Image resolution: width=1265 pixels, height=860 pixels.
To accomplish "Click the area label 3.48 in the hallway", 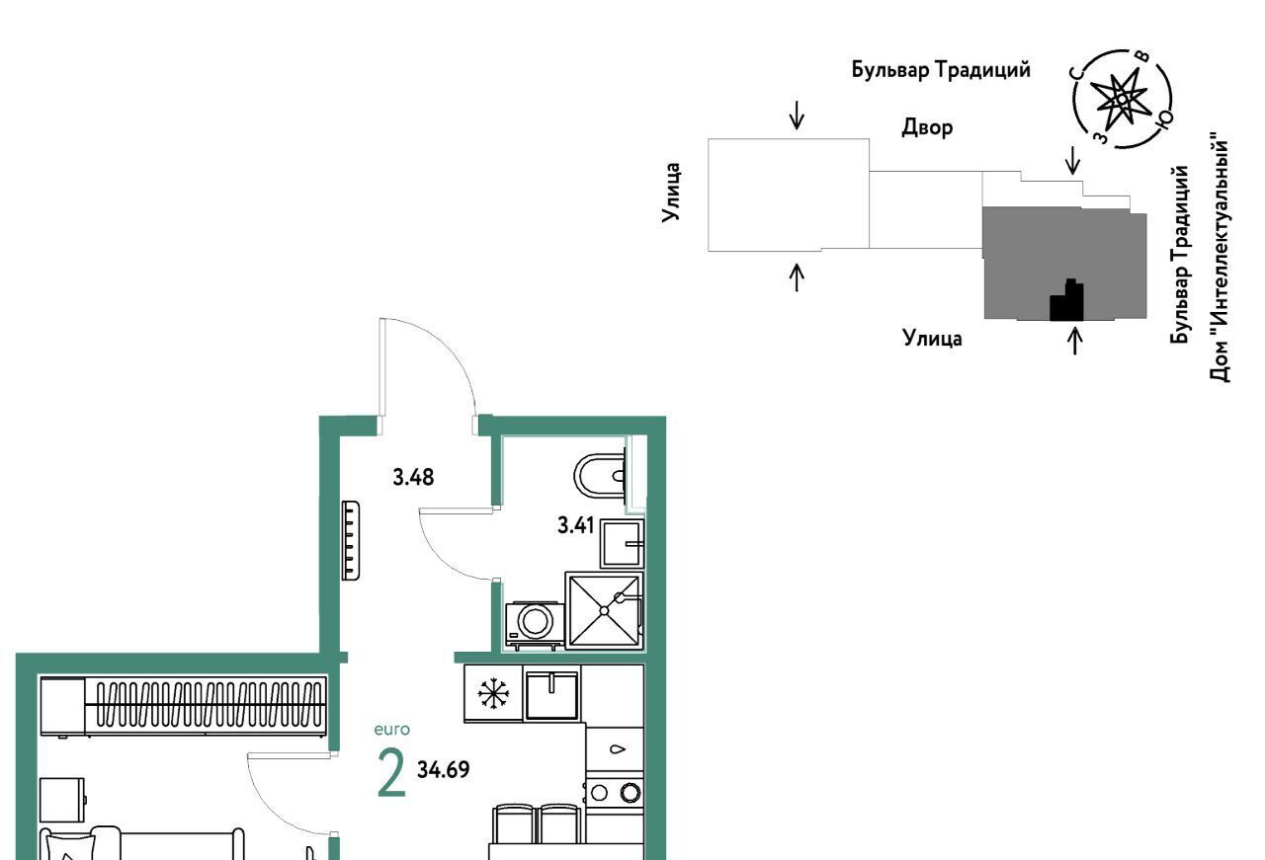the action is click(413, 478).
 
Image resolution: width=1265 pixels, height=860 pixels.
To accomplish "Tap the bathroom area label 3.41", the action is click(575, 525).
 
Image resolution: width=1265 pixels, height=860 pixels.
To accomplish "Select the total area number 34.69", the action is click(444, 770).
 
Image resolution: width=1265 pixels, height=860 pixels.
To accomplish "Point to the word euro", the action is click(392, 730).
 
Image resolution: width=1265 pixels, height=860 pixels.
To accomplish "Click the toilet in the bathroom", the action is click(601, 476).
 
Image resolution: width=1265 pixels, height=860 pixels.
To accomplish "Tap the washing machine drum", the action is click(536, 621).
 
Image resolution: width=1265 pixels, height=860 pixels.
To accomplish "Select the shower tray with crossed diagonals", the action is click(604, 610).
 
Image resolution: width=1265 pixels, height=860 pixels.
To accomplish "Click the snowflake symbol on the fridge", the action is click(493, 693).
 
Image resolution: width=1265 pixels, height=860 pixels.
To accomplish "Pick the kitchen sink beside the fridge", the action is click(552, 695).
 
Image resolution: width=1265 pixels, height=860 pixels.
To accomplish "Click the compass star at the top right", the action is click(1120, 101).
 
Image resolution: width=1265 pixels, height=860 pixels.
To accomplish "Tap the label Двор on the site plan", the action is click(927, 127).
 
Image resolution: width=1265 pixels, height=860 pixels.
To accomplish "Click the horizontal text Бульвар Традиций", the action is click(941, 70).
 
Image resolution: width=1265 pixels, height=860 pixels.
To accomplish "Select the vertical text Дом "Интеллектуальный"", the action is click(1219, 258).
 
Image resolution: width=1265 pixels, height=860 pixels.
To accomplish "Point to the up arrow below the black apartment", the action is click(1075, 342).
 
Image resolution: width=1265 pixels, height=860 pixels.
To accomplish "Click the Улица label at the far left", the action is click(671, 193).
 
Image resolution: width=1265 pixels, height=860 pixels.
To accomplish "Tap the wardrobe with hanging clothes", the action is click(183, 707).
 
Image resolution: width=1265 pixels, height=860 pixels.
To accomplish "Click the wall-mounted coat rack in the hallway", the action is click(350, 540).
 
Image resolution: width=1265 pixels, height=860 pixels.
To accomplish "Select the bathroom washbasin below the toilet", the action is click(622, 544).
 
